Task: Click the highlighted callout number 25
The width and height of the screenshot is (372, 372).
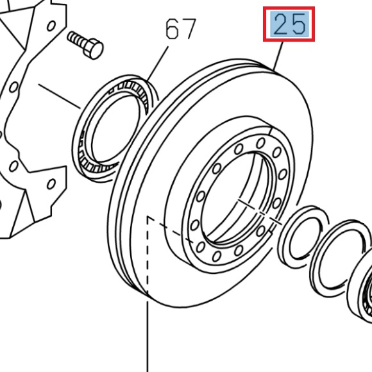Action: (x=290, y=26)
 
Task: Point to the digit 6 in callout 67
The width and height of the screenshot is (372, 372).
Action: (x=172, y=30)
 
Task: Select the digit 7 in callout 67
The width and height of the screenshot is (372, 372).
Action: (x=188, y=30)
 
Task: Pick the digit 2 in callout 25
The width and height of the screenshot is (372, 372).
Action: (x=281, y=26)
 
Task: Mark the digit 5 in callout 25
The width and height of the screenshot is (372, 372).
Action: (x=299, y=26)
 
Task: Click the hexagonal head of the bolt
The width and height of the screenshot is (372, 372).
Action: (x=94, y=48)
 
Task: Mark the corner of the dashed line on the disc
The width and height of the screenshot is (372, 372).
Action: (x=149, y=218)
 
